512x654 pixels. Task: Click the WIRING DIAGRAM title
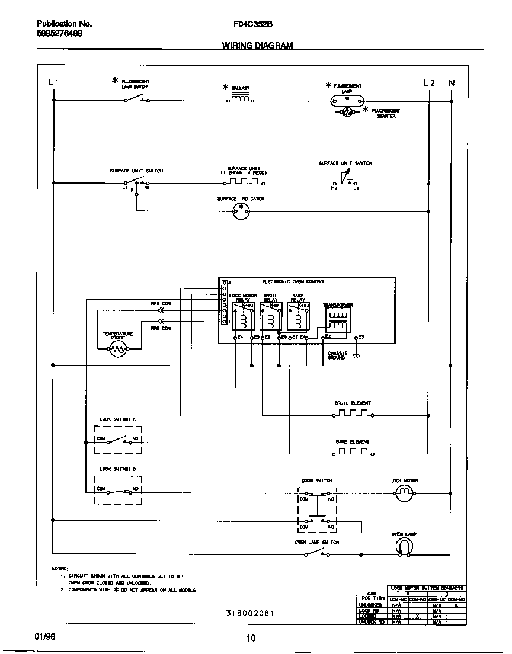click(x=257, y=46)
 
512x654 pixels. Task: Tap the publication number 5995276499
click(x=59, y=34)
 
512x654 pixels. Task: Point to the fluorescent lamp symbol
click(x=345, y=100)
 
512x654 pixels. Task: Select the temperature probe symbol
click(x=119, y=351)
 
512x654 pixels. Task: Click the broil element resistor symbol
click(x=353, y=414)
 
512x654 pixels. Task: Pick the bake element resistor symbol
click(x=353, y=453)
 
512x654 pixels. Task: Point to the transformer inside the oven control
click(x=337, y=320)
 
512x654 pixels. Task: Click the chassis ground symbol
click(x=356, y=355)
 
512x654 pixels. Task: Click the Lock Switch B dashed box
click(x=118, y=489)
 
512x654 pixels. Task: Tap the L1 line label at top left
click(x=53, y=83)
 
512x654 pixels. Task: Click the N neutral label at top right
click(x=452, y=83)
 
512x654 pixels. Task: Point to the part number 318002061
click(x=250, y=614)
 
